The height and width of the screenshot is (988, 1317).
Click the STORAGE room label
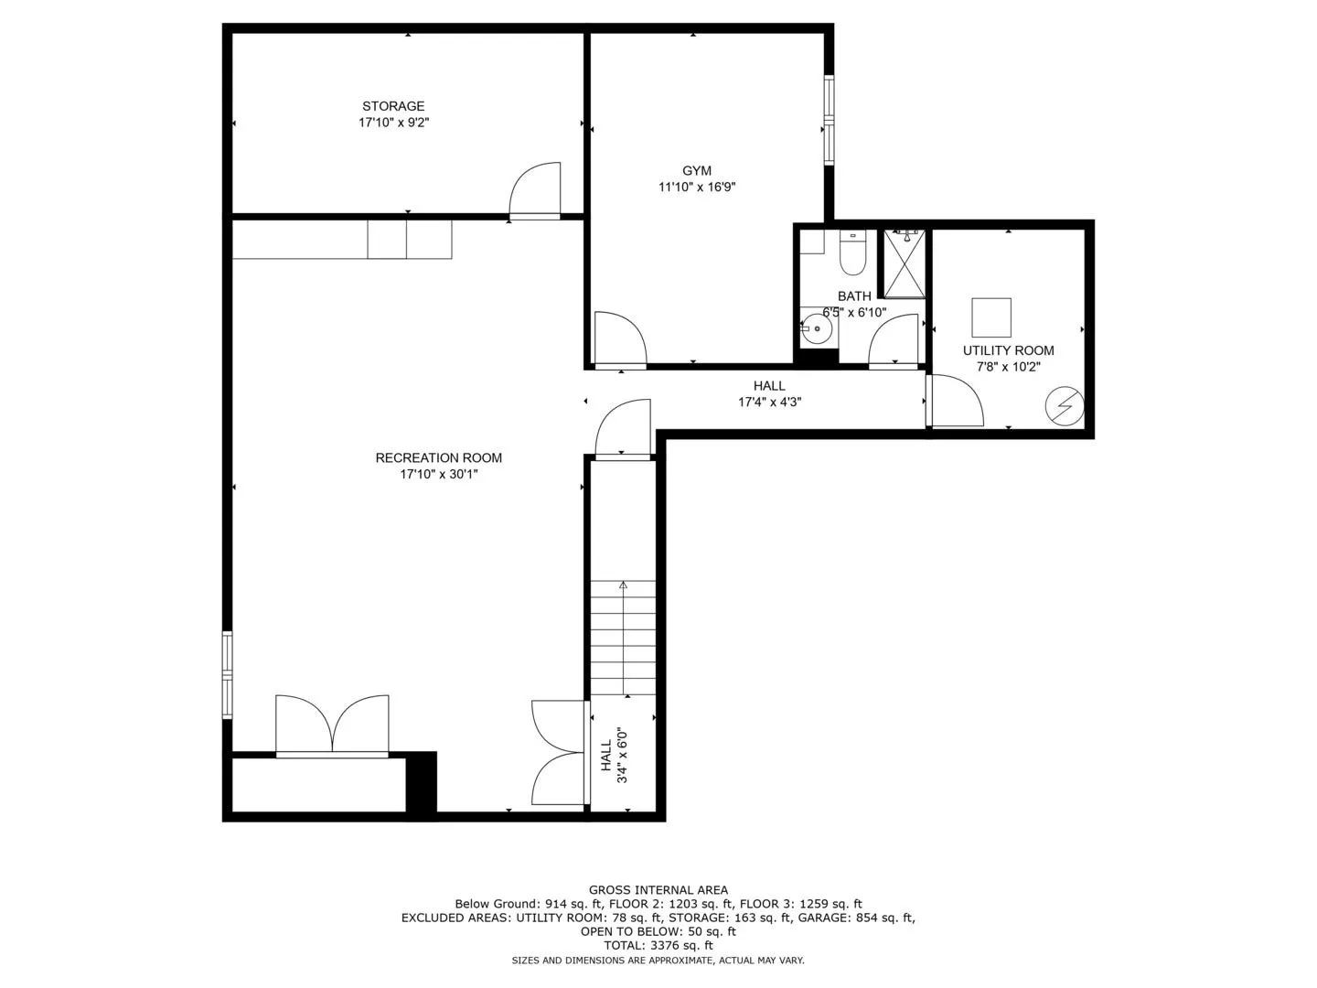393,106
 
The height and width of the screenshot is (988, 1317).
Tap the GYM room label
697,170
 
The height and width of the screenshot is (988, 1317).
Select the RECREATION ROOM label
439,457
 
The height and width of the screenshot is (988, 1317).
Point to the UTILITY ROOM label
1008,350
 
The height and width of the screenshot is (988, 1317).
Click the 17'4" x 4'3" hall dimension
769,402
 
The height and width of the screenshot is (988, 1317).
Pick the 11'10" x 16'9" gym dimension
697,187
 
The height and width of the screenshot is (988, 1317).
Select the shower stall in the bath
905,263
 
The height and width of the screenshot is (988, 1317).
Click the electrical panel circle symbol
1065,406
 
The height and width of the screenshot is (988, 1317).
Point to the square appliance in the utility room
991,317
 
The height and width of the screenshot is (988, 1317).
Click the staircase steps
624,638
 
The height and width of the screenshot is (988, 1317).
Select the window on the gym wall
830,119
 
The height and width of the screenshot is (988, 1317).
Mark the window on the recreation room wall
228,674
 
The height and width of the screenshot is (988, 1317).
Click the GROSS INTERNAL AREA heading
658,890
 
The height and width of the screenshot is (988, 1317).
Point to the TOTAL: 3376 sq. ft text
658,945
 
